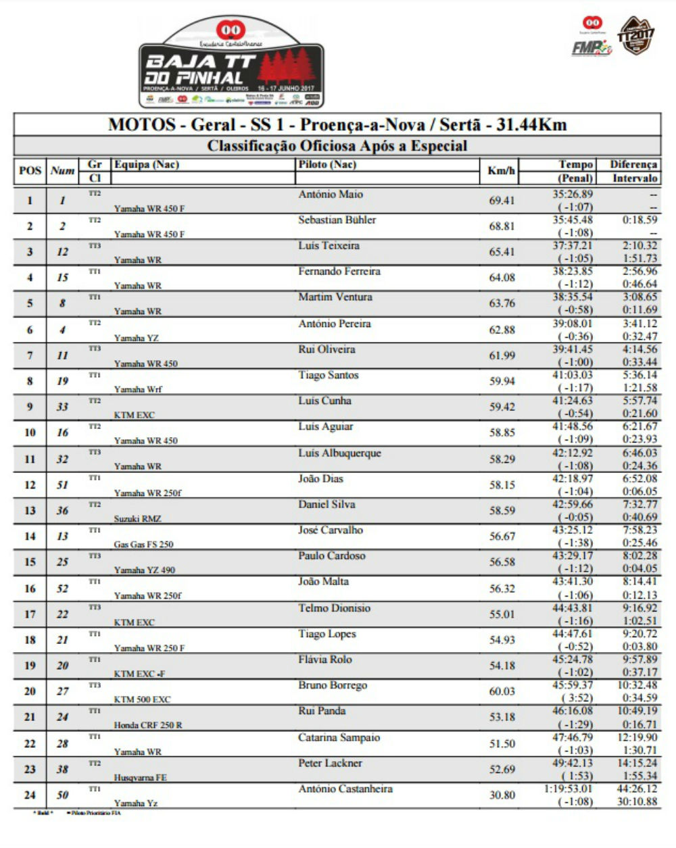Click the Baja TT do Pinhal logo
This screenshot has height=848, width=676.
click(x=231, y=64)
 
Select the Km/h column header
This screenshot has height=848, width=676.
click(x=501, y=171)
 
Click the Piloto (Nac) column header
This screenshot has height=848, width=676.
click(x=327, y=165)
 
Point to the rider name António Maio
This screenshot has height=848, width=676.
click(x=331, y=195)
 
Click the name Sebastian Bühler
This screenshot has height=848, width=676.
click(x=337, y=220)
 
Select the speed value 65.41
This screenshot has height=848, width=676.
click(x=502, y=252)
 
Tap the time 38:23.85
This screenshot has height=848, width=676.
click(x=573, y=272)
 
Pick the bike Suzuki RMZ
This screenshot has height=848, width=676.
click(x=138, y=519)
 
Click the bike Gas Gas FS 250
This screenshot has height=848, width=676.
click(x=143, y=545)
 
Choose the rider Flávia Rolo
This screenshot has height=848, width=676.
click(x=325, y=660)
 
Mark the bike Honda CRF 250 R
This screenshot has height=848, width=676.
click(x=148, y=725)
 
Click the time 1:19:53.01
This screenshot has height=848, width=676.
click(x=568, y=789)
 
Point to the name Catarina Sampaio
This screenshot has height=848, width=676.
click(x=339, y=738)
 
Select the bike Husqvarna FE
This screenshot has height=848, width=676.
click(x=141, y=777)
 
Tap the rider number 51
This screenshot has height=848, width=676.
click(x=62, y=484)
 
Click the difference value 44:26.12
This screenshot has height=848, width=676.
click(x=637, y=789)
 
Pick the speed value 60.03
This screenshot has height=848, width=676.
click(x=502, y=691)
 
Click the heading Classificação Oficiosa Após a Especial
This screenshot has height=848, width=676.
click(x=337, y=146)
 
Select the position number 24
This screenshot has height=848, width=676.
click(x=30, y=795)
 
